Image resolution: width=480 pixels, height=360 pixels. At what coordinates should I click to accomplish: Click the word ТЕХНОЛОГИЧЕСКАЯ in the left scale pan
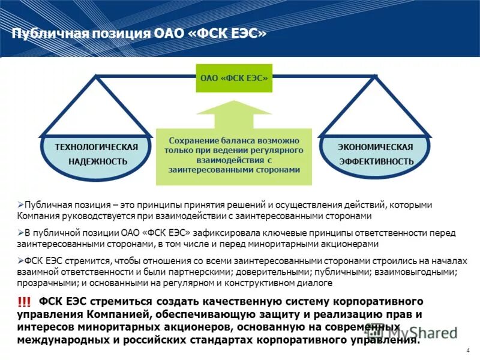(x=97, y=147)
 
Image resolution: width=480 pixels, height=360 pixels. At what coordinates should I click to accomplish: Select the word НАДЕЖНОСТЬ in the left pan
(x=97, y=162)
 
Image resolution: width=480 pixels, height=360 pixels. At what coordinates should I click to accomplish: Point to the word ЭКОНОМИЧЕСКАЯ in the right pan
(x=375, y=147)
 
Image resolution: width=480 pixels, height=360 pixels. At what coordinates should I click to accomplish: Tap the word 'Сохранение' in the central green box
(x=191, y=139)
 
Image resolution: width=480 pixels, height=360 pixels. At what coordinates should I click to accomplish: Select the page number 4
(x=467, y=350)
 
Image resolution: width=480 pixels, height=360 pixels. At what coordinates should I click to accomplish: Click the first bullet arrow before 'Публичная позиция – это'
(x=20, y=205)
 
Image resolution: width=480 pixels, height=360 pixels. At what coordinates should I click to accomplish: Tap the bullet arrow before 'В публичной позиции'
(x=20, y=233)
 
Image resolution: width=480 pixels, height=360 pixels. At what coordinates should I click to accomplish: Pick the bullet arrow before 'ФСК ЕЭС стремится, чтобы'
(x=20, y=262)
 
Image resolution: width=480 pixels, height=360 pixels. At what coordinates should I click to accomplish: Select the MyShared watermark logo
(x=414, y=332)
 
